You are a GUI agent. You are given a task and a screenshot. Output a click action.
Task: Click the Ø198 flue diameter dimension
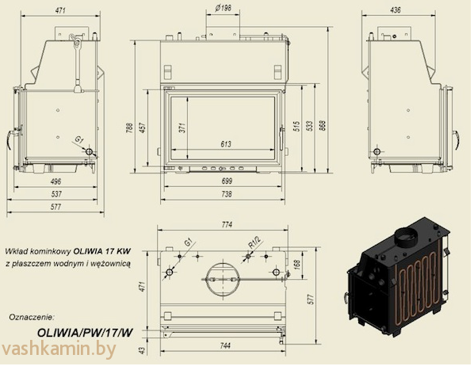223,8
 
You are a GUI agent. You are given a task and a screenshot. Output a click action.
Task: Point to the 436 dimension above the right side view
395,10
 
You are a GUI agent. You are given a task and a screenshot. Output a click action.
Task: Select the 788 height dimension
129,128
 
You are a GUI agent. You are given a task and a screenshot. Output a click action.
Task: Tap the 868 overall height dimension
323,126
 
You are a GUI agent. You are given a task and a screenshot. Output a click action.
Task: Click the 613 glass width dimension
226,144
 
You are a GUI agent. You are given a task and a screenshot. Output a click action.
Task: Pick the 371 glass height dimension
182,128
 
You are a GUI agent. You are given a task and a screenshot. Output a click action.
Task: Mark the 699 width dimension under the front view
227,181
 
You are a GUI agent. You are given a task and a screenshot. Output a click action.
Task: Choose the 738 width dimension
227,194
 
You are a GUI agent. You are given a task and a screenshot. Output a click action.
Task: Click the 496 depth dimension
56,181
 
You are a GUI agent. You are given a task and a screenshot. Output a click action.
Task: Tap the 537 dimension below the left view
56,194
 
